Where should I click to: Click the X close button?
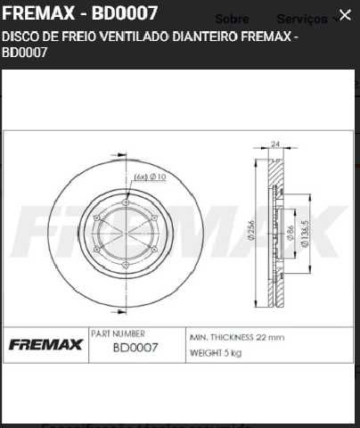pyautogui.click(x=345, y=15)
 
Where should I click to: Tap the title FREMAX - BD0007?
pyautogui.click(x=81, y=14)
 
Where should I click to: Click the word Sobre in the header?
pyautogui.click(x=233, y=19)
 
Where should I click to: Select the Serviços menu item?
pyautogui.click(x=302, y=19)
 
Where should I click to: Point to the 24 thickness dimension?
pyautogui.click(x=275, y=144)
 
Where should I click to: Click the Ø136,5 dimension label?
pyautogui.click(x=304, y=233)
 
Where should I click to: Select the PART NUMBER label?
pyautogui.click(x=118, y=333)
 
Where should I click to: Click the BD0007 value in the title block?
pyautogui.click(x=135, y=349)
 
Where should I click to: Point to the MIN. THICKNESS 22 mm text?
pyautogui.click(x=237, y=338)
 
